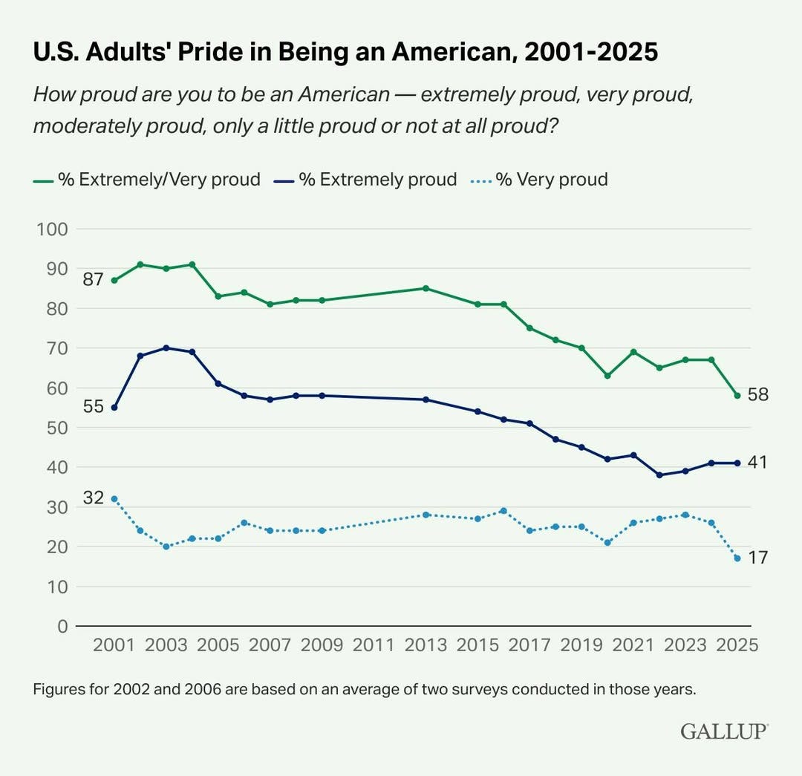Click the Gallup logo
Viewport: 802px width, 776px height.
click(724, 731)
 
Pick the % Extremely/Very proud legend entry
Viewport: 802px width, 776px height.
click(148, 179)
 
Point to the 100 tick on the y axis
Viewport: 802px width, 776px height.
click(53, 229)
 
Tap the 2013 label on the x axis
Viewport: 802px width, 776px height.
click(426, 645)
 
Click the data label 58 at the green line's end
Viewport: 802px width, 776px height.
click(757, 394)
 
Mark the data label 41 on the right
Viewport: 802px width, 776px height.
click(757, 462)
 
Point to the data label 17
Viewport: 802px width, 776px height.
click(757, 557)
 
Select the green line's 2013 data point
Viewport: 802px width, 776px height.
click(426, 288)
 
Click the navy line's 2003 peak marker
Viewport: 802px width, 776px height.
click(166, 348)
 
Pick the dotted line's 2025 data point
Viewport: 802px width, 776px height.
click(737, 558)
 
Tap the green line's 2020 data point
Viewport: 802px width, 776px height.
click(607, 376)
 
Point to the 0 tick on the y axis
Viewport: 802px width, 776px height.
click(62, 626)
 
